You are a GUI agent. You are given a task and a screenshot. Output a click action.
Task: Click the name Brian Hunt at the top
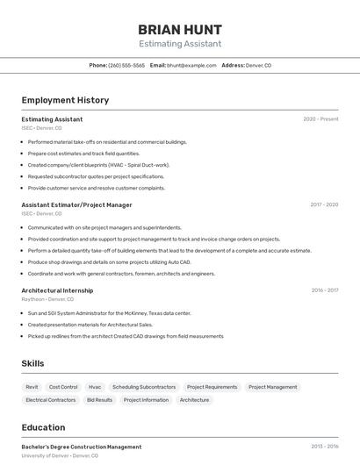pyautogui.click(x=180, y=29)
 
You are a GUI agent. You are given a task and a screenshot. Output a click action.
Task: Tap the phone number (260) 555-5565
pyautogui.click(x=126, y=65)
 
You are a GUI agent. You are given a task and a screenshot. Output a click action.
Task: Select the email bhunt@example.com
pyautogui.click(x=191, y=65)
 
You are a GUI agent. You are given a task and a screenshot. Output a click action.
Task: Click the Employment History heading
pyautogui.click(x=65, y=100)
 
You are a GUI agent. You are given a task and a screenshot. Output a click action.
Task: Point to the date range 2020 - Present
pyautogui.click(x=320, y=119)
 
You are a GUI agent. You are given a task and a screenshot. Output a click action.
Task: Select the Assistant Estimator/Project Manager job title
pyautogui.click(x=76, y=205)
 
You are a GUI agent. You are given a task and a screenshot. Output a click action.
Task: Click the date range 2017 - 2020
pyautogui.click(x=323, y=205)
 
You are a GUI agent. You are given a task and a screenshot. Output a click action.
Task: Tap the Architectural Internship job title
pyautogui.click(x=57, y=290)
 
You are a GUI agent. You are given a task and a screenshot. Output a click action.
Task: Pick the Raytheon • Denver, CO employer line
pyautogui.click(x=47, y=299)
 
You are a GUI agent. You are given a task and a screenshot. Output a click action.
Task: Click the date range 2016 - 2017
pyautogui.click(x=324, y=290)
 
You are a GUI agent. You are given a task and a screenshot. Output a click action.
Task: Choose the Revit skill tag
pyautogui.click(x=32, y=387)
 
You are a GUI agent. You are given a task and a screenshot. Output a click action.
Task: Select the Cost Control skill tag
pyautogui.click(x=63, y=387)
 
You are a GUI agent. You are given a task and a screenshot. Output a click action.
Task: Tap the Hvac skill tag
pyautogui.click(x=95, y=387)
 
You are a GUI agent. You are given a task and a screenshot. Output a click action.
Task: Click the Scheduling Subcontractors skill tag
pyautogui.click(x=144, y=387)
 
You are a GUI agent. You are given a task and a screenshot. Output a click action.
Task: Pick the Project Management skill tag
pyautogui.click(x=272, y=387)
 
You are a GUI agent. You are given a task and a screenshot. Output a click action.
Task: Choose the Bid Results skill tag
pyautogui.click(x=99, y=400)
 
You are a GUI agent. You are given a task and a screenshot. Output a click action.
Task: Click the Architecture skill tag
pyautogui.click(x=194, y=400)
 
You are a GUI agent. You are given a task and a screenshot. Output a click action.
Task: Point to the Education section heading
pyautogui.click(x=43, y=427)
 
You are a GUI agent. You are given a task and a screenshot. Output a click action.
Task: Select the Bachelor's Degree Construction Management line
pyautogui.click(x=82, y=447)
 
